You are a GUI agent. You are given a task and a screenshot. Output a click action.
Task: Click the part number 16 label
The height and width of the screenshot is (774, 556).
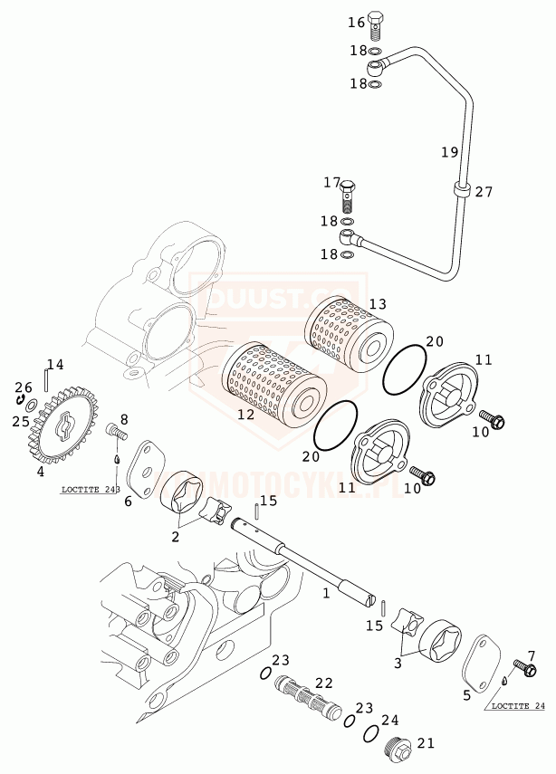click(356, 22)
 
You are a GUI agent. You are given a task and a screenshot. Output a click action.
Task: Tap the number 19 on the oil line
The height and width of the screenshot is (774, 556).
click(450, 152)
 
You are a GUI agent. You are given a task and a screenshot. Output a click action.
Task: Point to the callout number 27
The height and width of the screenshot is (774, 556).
click(484, 192)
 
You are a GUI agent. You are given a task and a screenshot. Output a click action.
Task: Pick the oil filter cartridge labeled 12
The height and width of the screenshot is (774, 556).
click(273, 380)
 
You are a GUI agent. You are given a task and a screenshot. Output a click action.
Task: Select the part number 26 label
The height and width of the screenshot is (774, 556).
click(23, 387)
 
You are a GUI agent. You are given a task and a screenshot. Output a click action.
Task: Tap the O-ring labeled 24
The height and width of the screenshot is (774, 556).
click(372, 732)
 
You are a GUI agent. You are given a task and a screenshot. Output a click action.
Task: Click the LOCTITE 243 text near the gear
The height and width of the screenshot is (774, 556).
click(91, 490)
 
